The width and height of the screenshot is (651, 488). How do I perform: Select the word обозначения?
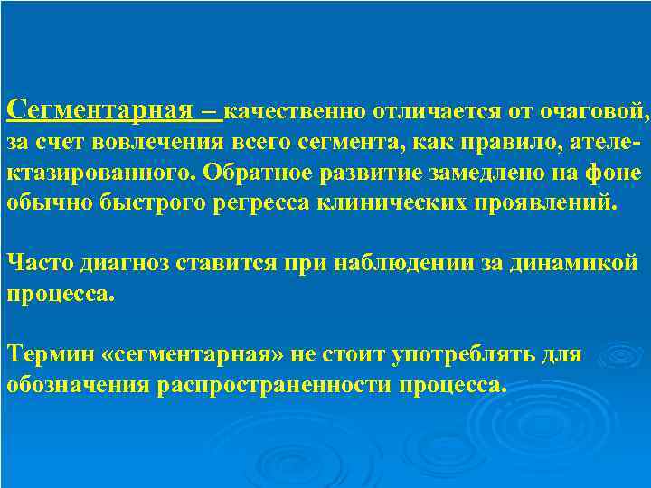point(78,385)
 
